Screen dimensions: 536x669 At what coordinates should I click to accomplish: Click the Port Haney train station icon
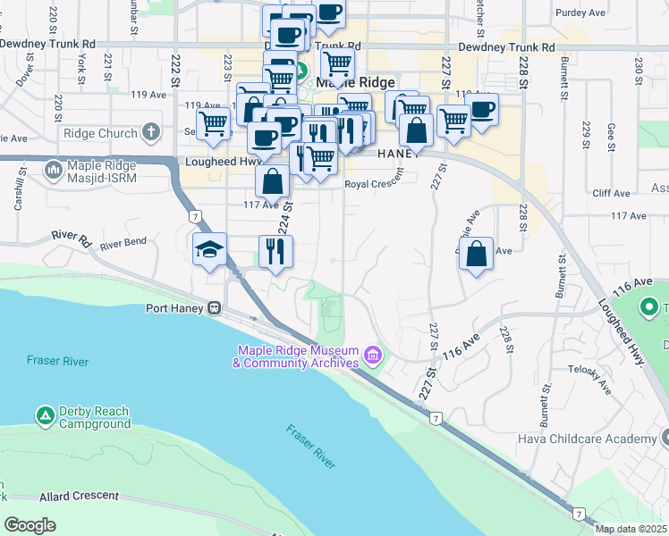coord(215,308)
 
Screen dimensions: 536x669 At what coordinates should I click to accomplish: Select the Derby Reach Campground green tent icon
coord(45,415)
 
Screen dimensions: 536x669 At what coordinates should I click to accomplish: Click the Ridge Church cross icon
coord(151,133)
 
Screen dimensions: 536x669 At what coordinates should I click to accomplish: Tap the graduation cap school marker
coord(210,250)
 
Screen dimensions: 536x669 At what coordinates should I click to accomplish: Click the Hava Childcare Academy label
coord(587,439)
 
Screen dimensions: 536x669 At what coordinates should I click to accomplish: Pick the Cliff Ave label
coord(612,193)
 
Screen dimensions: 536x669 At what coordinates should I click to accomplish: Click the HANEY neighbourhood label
coord(398,154)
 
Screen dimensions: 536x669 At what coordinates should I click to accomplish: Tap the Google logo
coord(30,525)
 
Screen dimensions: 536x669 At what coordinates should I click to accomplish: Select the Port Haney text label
coord(175,308)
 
